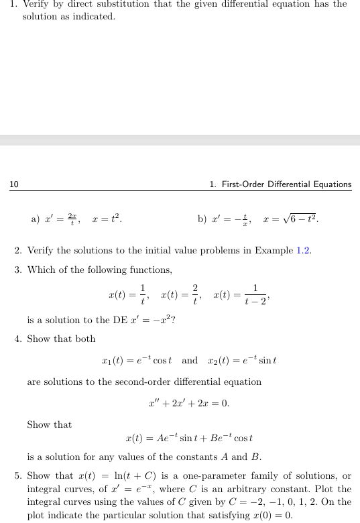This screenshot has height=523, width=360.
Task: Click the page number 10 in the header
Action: [x=13, y=184]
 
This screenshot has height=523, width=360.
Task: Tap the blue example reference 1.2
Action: [x=303, y=251]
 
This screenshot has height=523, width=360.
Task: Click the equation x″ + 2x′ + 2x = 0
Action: [x=188, y=404]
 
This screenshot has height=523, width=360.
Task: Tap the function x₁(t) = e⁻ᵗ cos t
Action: [x=141, y=361]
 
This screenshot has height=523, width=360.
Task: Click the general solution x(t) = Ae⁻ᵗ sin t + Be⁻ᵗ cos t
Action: [x=189, y=439]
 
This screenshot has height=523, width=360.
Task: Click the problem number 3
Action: [x=17, y=270]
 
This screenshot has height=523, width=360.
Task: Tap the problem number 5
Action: [x=17, y=476]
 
